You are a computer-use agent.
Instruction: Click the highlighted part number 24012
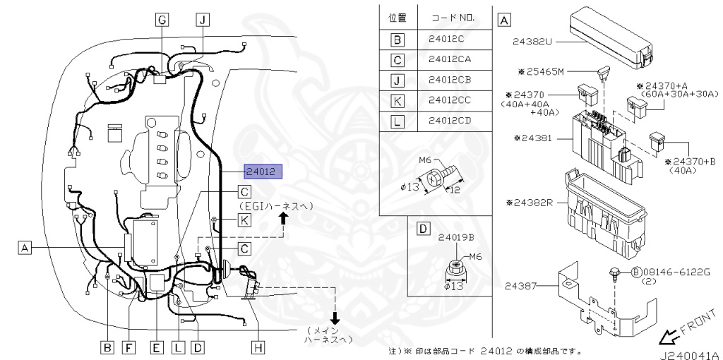tap(263, 172)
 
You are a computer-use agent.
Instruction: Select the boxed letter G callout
tap(162, 20)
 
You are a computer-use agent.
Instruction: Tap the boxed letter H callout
tap(258, 347)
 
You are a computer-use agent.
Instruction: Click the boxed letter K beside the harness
tap(244, 220)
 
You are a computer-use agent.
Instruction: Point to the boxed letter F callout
tap(129, 347)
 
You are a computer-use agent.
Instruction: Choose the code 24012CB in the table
tap(450, 80)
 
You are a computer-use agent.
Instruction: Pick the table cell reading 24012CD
tap(450, 121)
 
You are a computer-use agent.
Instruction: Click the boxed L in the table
tap(397, 121)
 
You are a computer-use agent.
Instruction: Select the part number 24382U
tap(532, 42)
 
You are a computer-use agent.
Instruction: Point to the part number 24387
tap(520, 287)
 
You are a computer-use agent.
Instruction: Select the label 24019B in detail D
tap(456, 238)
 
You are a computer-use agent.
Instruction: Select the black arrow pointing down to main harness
tap(335, 318)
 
